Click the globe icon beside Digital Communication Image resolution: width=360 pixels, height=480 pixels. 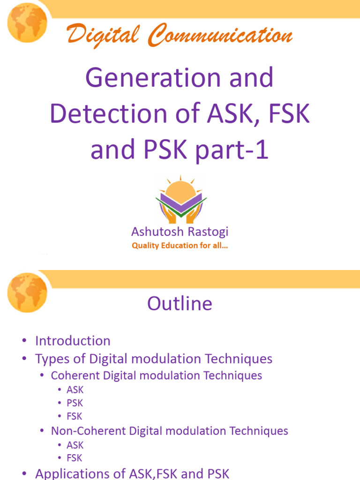click(x=27, y=22)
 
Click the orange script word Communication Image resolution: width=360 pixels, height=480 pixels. click(x=220, y=37)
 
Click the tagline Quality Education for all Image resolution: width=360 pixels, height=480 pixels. click(x=180, y=246)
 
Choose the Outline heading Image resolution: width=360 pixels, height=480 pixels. click(x=180, y=304)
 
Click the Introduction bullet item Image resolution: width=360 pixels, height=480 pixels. click(x=73, y=341)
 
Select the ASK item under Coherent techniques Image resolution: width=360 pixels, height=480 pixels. click(x=75, y=390)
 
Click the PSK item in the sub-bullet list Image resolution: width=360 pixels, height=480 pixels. click(x=75, y=403)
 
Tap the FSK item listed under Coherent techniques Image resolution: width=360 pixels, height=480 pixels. click(x=75, y=416)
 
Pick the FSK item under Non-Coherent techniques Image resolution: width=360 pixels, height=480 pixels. click(x=75, y=458)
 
